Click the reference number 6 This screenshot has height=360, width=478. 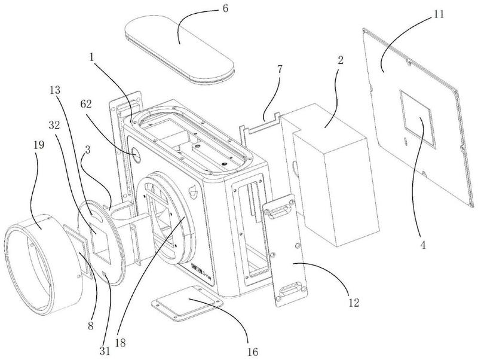(x=225, y=8)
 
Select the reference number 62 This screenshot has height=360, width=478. (x=85, y=104)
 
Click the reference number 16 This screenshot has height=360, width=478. (x=253, y=352)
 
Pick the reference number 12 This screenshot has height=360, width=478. (x=354, y=303)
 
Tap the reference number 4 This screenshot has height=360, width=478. (x=422, y=245)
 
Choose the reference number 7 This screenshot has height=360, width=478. (x=280, y=70)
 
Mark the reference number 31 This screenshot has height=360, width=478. (x=105, y=352)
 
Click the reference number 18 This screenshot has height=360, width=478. (x=121, y=343)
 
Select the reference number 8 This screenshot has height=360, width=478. (x=91, y=326)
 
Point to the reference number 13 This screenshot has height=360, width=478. (x=55, y=90)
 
